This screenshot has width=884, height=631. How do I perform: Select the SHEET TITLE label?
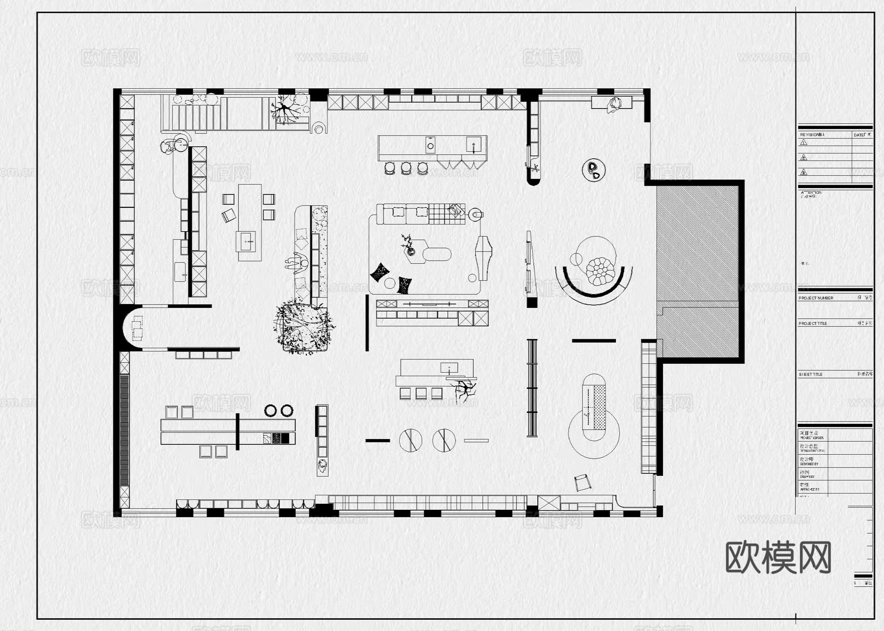click(810, 374)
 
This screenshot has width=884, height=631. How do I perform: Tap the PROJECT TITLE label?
click(813, 324)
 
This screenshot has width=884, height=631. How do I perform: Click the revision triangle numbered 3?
click(804, 172)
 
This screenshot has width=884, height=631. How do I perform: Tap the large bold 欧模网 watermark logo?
click(778, 557)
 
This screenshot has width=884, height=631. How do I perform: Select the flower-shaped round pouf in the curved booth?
click(600, 271)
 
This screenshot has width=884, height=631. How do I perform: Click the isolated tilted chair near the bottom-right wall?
click(582, 482)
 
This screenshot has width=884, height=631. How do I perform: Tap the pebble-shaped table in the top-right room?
click(594, 169)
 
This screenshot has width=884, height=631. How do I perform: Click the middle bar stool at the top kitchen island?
click(406, 168)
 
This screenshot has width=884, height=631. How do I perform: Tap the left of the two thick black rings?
click(271, 411)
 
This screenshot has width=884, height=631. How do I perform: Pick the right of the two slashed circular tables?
click(444, 440)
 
